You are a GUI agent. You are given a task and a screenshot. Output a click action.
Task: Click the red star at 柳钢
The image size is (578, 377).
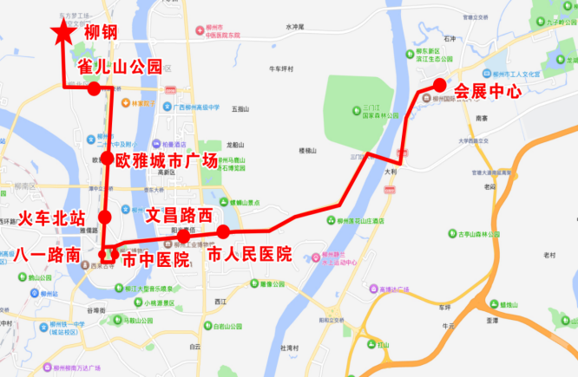point(62,34)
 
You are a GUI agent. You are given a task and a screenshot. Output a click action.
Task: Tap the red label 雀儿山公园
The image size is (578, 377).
point(120,66)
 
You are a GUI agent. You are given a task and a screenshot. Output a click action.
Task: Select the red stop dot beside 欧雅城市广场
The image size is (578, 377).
point(106,159)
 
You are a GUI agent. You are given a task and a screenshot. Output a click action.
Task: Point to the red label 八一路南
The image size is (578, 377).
point(49,255)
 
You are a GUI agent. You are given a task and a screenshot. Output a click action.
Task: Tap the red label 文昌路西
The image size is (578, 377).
point(179,213)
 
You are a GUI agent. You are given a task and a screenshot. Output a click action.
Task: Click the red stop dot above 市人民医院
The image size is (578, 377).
point(223,231)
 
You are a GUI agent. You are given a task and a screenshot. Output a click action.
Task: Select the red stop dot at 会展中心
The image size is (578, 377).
point(439,84)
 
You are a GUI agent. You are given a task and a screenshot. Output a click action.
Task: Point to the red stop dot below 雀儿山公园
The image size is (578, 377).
point(94,88)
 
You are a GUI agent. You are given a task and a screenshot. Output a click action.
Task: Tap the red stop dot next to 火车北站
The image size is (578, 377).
point(105,217)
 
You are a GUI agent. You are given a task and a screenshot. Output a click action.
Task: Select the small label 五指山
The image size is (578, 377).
point(240,109)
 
